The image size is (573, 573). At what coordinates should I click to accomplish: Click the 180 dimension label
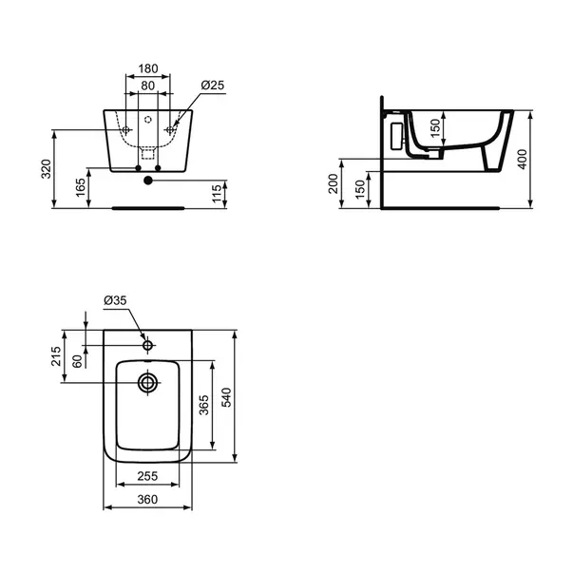[148, 68]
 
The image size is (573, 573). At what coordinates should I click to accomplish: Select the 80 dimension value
[147, 86]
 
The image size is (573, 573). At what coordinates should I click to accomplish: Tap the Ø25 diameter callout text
[213, 86]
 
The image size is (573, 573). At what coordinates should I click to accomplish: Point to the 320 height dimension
[46, 169]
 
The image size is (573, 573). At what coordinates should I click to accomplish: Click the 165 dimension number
[81, 187]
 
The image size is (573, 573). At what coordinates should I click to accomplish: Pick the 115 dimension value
[217, 193]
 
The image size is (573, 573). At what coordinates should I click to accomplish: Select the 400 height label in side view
[523, 159]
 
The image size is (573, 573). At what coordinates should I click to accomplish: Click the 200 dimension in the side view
[334, 183]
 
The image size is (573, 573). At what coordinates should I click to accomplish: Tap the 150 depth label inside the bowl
[435, 128]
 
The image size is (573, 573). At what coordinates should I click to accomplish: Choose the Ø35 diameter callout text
[115, 300]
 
